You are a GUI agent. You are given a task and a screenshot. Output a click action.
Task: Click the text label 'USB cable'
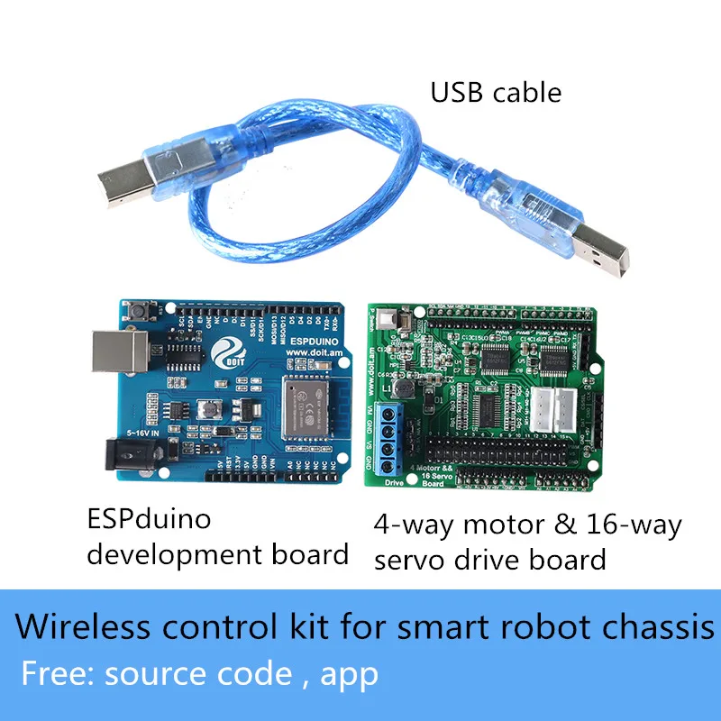pos(496,92)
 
